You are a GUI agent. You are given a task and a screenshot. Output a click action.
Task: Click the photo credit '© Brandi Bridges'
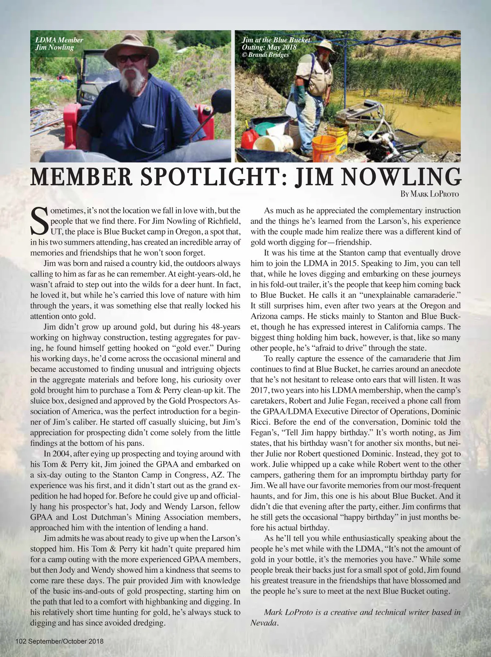pyautogui.click(x=265, y=54)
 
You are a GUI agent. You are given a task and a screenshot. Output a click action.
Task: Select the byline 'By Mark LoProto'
pyautogui.click(x=430, y=194)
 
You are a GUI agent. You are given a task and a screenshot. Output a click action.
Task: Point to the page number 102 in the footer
pyautogui.click(x=21, y=641)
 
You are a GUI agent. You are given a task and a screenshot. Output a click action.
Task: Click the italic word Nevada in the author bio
pyautogui.click(x=264, y=623)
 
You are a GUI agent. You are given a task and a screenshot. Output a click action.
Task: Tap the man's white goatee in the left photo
pyautogui.click(x=130, y=79)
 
